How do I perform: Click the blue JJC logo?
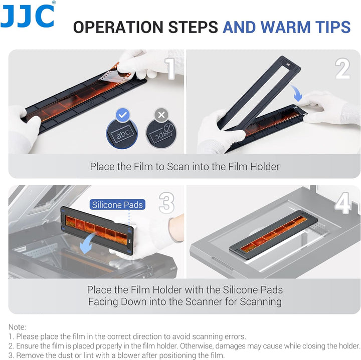click(x=27, y=16)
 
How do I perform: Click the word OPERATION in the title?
click(x=119, y=27)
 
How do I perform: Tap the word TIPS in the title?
click(x=333, y=27)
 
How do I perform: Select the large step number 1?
click(x=170, y=69)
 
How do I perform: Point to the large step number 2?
click(x=342, y=69)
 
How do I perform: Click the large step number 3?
click(x=166, y=203)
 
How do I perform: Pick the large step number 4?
click(x=343, y=203)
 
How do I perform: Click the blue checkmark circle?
click(x=123, y=115)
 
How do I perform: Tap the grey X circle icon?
click(x=161, y=115)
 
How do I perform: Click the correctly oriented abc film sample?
click(x=122, y=134)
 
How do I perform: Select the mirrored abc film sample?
click(x=161, y=134)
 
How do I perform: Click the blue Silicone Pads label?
click(x=117, y=205)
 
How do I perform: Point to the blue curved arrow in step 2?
click(x=296, y=93)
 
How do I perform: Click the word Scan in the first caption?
click(x=178, y=166)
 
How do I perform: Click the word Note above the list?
click(x=17, y=327)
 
